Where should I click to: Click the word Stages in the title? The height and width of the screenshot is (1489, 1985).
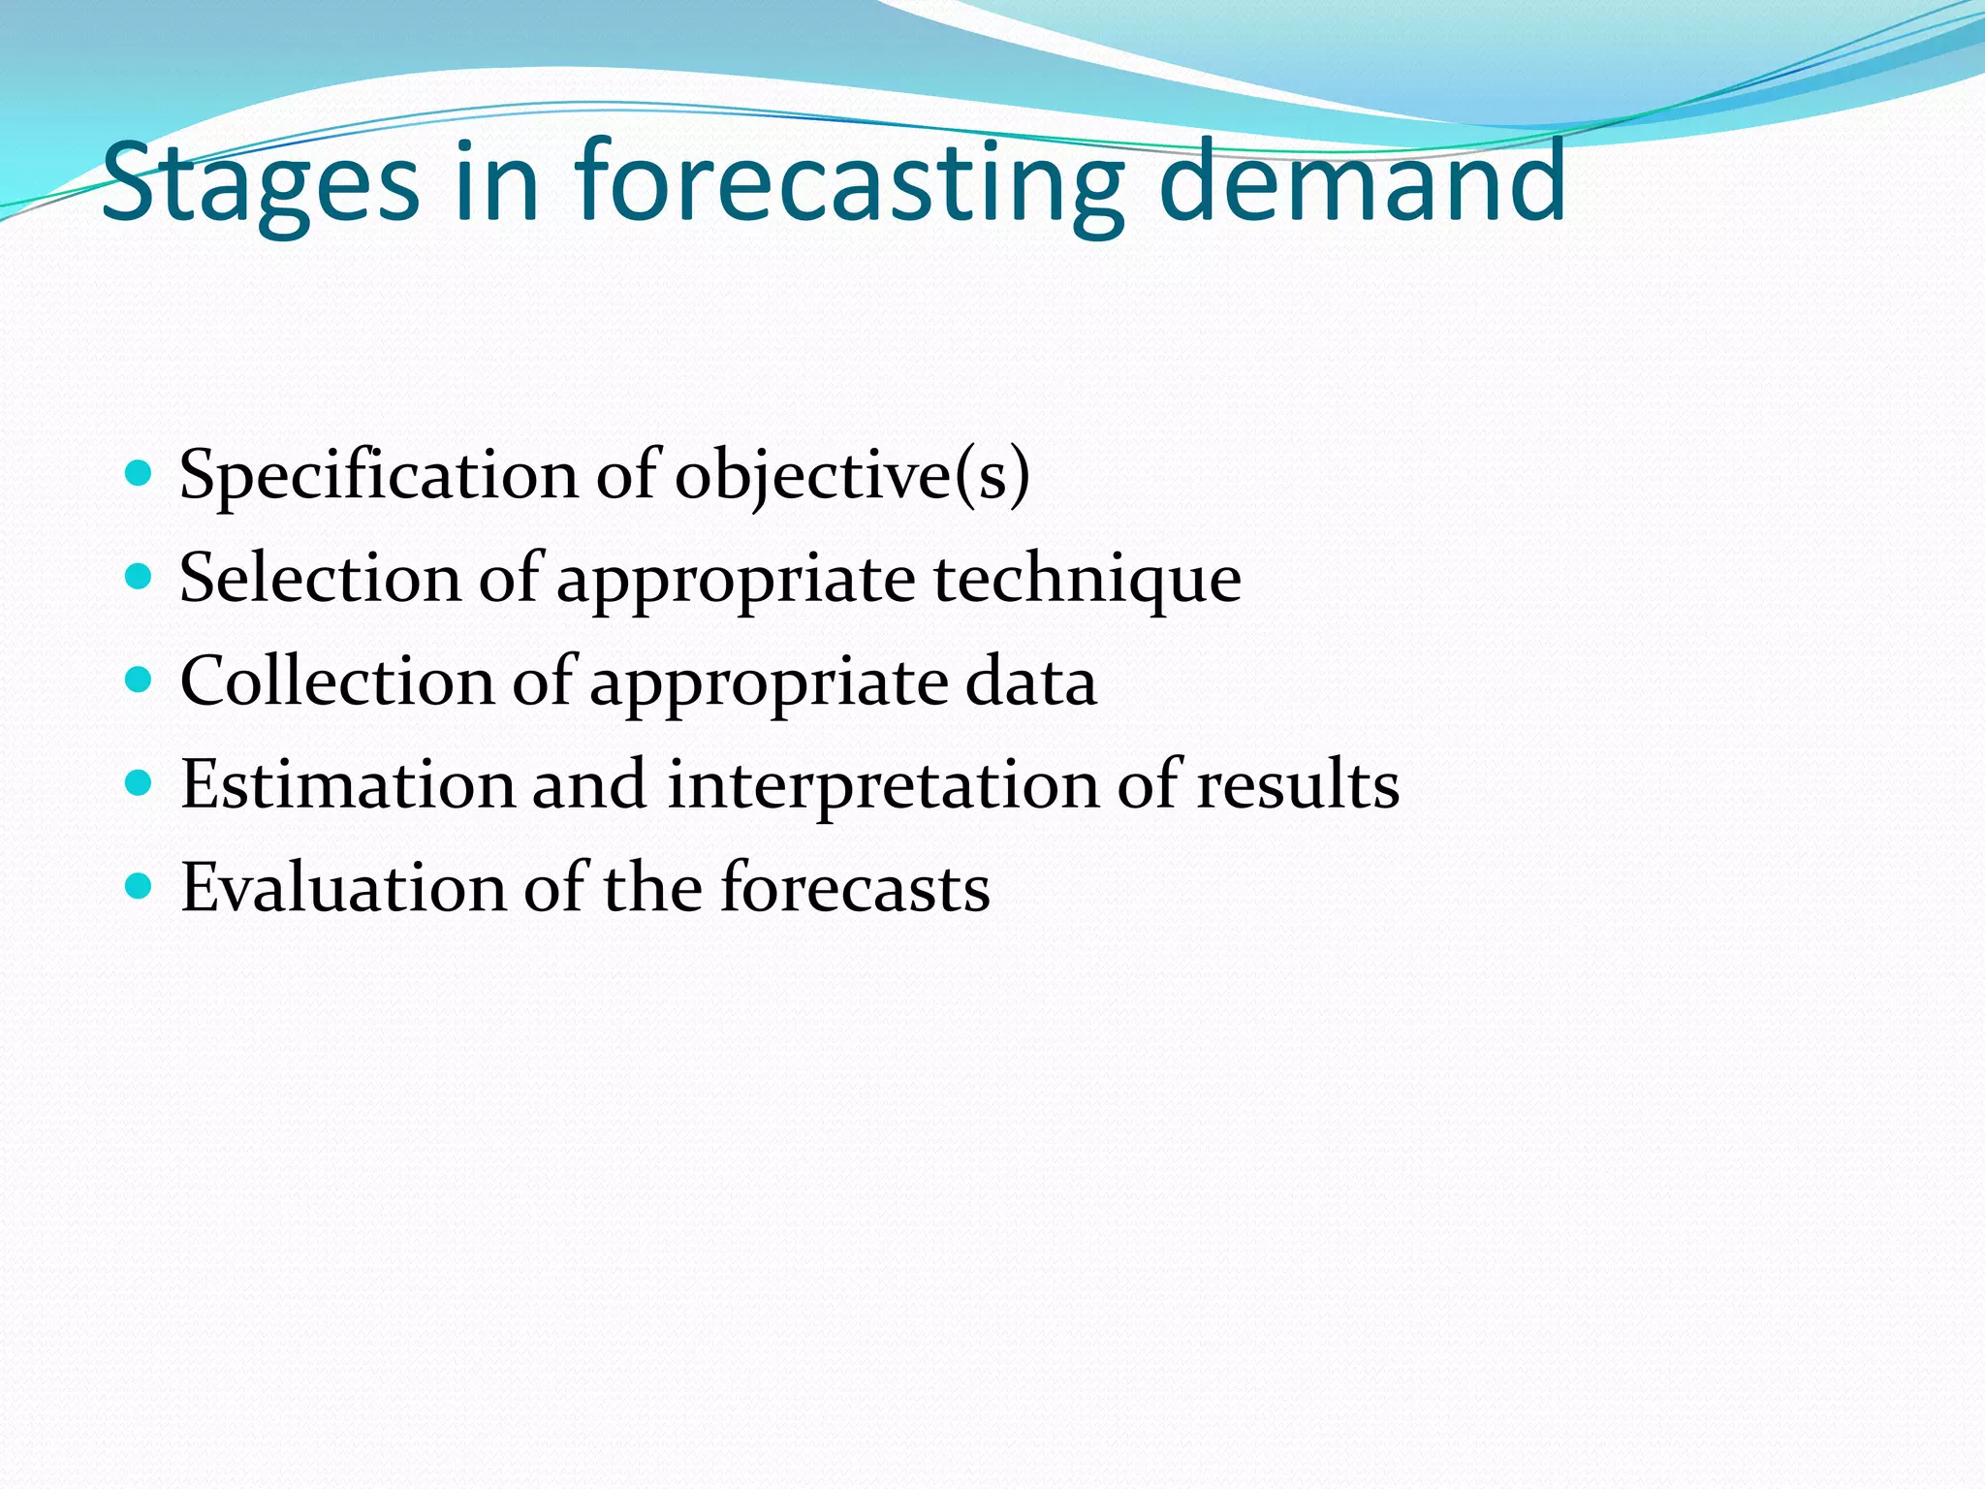click(260, 182)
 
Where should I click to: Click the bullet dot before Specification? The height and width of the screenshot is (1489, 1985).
click(140, 474)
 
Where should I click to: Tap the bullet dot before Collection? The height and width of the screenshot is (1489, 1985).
click(140, 680)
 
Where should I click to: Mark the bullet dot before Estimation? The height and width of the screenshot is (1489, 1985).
click(140, 783)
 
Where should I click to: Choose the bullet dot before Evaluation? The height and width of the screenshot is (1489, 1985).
click(140, 886)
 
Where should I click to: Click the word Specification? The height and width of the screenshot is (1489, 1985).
click(379, 477)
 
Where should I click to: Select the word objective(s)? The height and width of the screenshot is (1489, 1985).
click(852, 477)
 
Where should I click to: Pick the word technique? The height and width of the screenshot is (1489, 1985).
click(1087, 579)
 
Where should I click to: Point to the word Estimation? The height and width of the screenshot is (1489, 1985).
click(348, 784)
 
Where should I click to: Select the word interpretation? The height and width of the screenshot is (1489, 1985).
click(883, 784)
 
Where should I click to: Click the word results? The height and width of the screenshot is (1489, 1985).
click(1298, 784)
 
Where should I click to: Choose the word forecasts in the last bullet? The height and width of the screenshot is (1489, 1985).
click(855, 887)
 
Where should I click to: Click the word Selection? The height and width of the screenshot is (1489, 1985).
click(321, 579)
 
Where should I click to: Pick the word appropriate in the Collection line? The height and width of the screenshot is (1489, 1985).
click(769, 683)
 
